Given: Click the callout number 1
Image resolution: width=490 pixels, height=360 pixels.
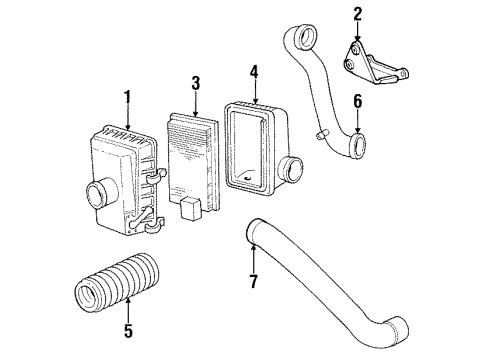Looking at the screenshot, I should pos(127,97).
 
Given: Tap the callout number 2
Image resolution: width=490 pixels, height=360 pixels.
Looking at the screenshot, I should pos(357,14).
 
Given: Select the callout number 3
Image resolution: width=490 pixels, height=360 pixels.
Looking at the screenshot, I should pos(196,82).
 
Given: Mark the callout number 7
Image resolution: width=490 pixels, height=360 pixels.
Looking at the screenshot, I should pos(254,283).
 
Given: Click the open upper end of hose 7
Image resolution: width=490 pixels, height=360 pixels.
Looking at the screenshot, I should pos(251,236).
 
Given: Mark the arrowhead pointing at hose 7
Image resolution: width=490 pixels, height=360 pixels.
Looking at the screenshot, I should pos(254,253).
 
